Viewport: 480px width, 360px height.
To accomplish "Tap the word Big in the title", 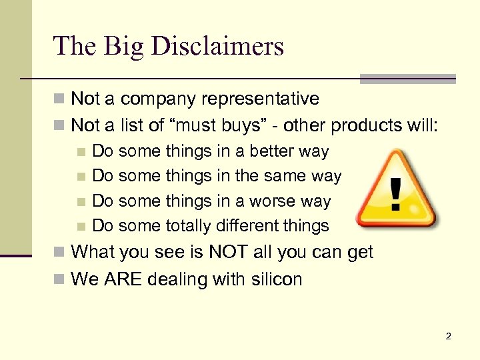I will click(120, 47).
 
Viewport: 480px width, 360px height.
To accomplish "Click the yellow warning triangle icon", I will click(395, 189).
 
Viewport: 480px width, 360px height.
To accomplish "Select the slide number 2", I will click(448, 337).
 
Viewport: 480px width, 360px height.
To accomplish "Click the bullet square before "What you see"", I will click(59, 253).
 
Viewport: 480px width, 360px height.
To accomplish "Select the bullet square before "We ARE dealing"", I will click(59, 279).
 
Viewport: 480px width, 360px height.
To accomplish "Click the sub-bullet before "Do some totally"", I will click(81, 227).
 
